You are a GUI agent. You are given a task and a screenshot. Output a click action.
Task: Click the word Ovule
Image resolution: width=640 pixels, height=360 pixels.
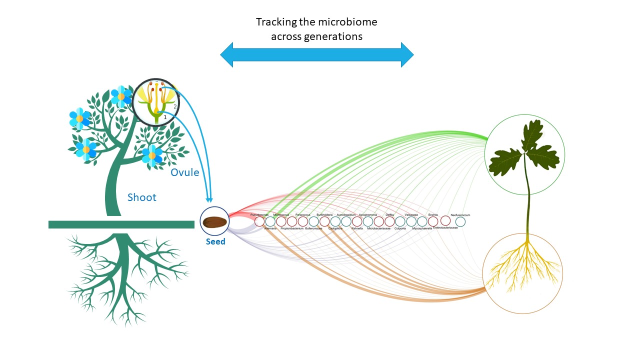[x=185, y=172]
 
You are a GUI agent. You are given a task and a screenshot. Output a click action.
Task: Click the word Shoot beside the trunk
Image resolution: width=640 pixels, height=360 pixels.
[x=142, y=197]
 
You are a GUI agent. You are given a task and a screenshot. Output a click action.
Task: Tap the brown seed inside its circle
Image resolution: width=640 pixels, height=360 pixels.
[x=214, y=221]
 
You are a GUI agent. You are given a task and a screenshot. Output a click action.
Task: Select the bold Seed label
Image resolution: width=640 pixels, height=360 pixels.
[x=216, y=242]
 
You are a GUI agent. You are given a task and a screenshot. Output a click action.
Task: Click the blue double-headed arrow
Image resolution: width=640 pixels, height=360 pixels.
[x=317, y=54]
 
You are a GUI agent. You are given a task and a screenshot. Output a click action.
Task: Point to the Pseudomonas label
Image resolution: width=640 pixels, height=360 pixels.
[x=259, y=214]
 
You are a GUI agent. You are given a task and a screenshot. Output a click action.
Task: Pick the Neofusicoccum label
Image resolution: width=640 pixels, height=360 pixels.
[x=460, y=215]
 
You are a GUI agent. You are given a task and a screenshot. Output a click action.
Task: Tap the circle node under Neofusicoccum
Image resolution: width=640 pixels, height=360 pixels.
[x=460, y=221]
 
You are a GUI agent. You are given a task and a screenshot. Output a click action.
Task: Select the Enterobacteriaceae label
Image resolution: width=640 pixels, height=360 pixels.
[x=445, y=227]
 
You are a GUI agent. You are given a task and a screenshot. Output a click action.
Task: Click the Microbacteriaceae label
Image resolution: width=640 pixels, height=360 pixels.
[x=378, y=228]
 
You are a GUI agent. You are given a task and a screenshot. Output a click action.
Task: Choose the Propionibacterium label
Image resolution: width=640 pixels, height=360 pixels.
[x=292, y=228]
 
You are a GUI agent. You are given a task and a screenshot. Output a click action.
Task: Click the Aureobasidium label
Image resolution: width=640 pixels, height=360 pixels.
[x=346, y=214]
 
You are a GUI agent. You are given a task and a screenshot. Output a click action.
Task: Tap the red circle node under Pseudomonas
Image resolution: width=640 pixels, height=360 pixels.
[x=259, y=221]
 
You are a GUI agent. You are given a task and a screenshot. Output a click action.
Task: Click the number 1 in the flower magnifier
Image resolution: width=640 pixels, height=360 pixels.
[x=165, y=117]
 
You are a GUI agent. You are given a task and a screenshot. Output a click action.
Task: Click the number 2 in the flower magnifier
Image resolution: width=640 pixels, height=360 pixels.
[x=175, y=106]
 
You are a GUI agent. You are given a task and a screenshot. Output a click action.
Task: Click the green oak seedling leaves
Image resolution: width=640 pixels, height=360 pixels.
[x=524, y=150]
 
